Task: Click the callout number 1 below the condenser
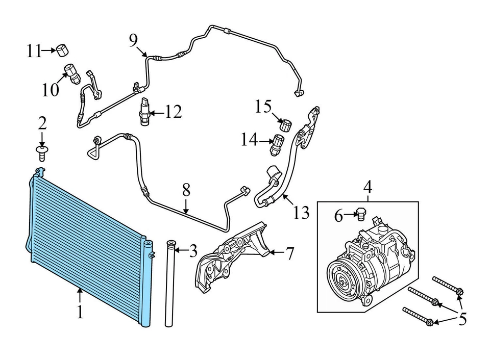tap(80, 311)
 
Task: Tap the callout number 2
tap(42, 122)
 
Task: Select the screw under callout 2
tap(42, 151)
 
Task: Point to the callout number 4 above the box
tap(367, 187)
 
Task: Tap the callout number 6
tap(338, 216)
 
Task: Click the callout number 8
tap(186, 191)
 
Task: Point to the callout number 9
tap(134, 40)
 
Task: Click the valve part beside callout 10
tap(72, 73)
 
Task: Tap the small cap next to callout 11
tap(62, 50)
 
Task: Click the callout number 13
tap(302, 212)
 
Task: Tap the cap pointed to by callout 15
tap(285, 124)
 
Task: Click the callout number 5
tap(462, 319)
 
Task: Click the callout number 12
tap(173, 112)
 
